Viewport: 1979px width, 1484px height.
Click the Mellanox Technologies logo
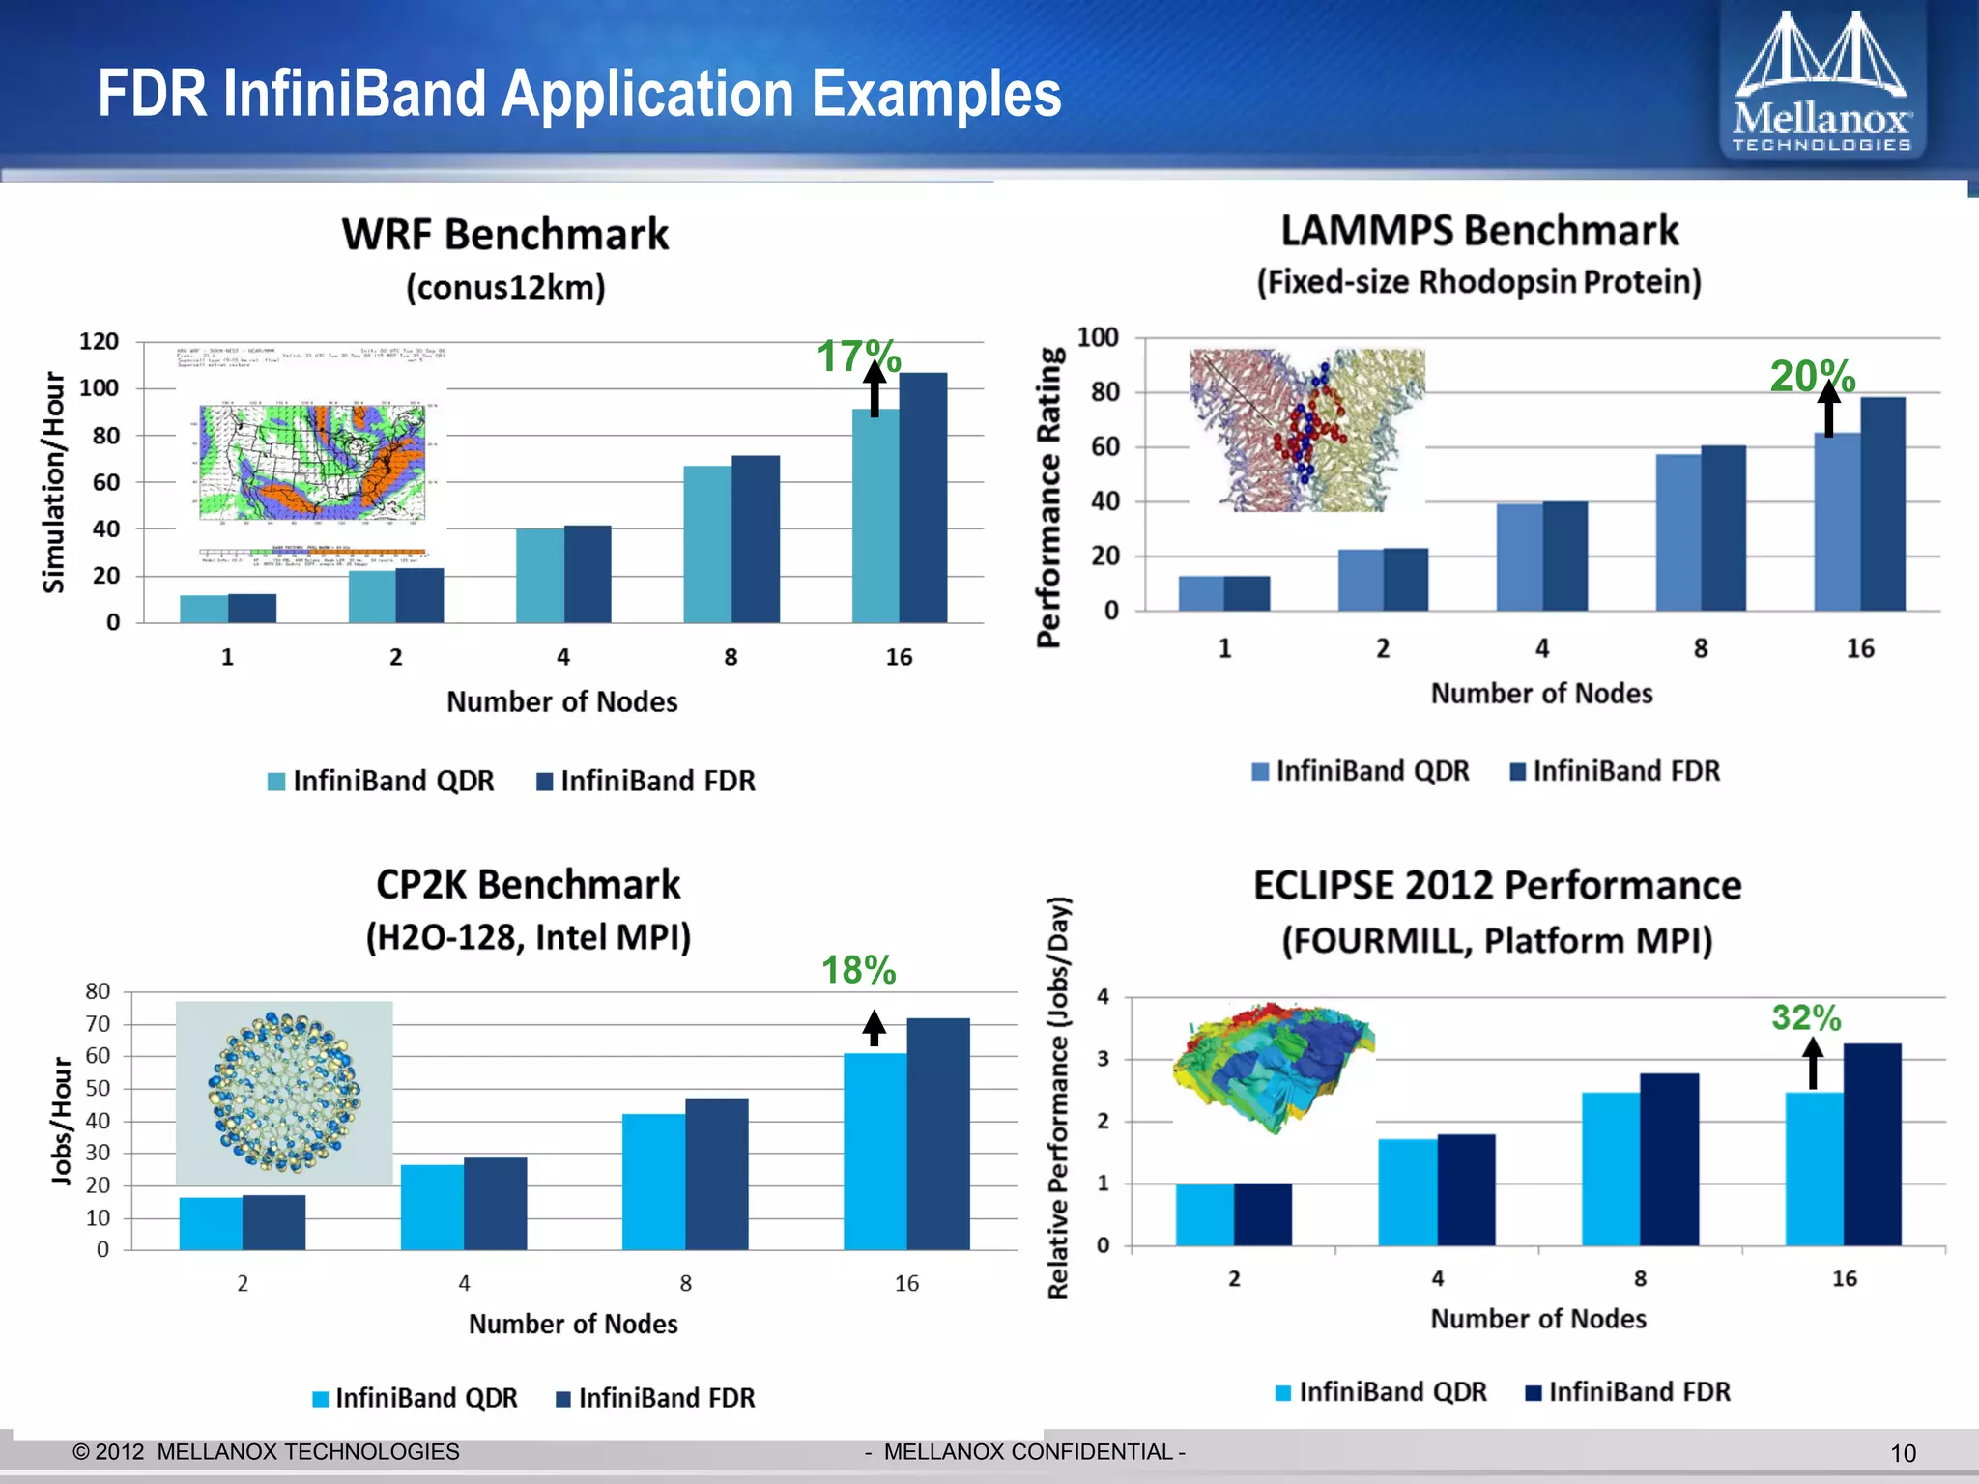point(1821,82)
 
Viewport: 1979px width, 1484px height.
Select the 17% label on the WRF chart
point(858,357)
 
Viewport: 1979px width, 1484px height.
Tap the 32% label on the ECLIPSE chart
point(1805,1017)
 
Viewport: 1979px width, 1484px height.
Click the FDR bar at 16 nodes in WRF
point(923,498)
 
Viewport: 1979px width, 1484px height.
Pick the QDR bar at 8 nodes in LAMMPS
point(1678,531)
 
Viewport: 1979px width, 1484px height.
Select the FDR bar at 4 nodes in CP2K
point(495,1203)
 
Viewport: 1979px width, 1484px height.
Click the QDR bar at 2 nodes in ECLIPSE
point(1204,1214)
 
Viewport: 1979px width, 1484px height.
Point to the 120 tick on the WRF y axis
point(99,342)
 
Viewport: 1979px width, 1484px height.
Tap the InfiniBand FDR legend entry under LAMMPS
point(1615,771)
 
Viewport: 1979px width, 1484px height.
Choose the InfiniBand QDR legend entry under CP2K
point(416,1398)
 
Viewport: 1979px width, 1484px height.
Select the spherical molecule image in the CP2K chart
point(284,1093)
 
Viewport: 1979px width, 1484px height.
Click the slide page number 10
point(1903,1453)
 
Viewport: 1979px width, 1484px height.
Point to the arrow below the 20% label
point(1828,410)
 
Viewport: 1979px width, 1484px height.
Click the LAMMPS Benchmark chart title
point(1479,232)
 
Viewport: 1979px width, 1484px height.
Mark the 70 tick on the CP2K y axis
point(98,1024)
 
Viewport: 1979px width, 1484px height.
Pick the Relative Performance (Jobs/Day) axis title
point(1059,1097)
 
